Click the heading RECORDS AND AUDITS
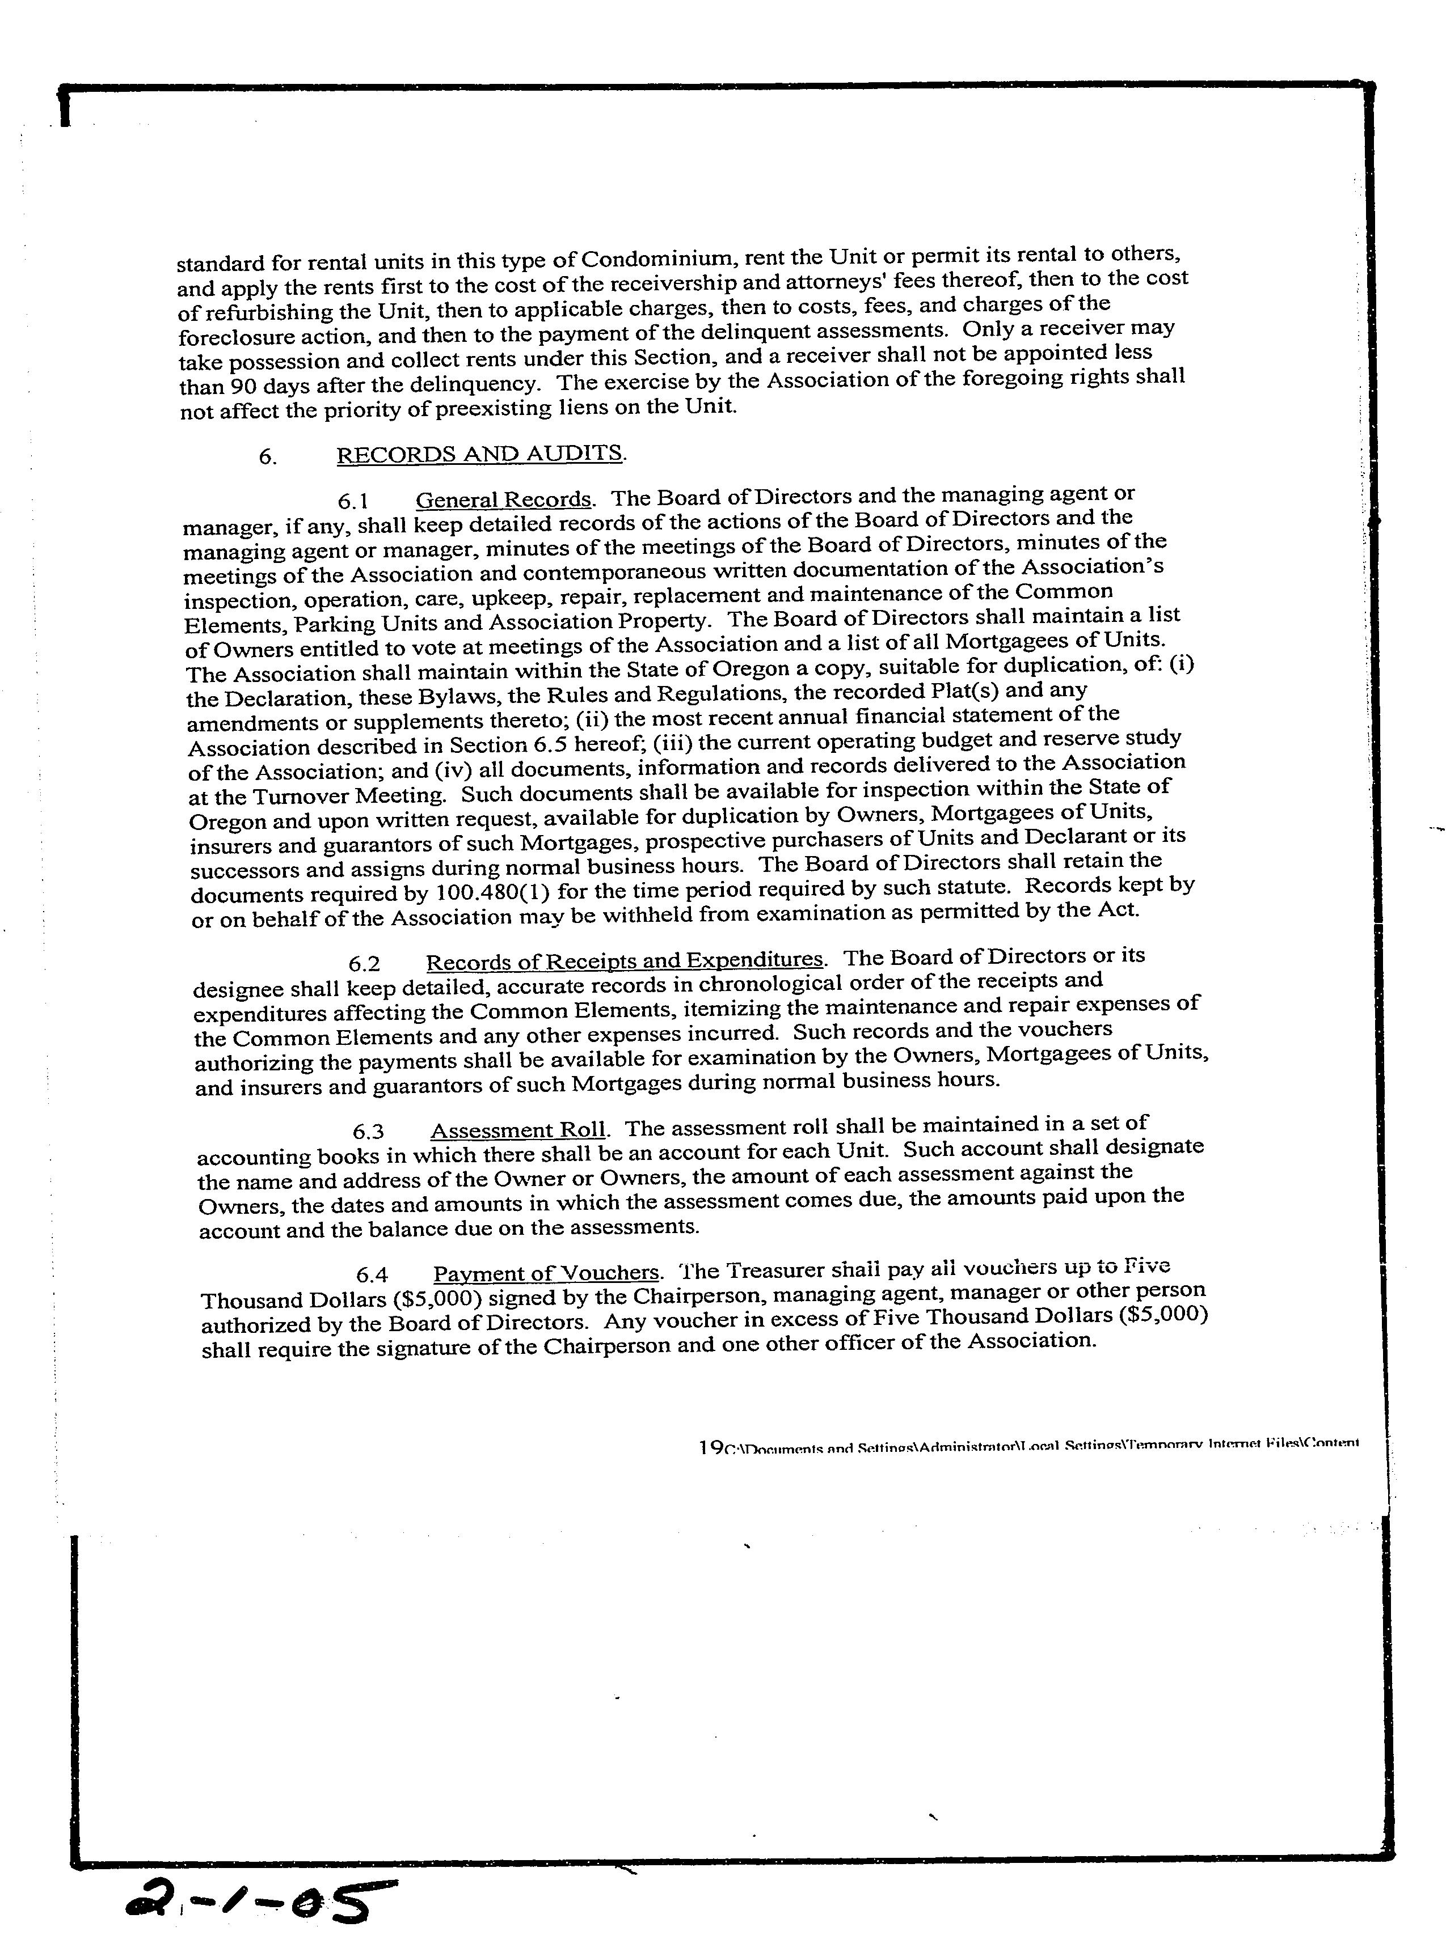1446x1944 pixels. point(480,454)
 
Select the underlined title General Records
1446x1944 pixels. point(503,499)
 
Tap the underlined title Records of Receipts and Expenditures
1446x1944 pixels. point(624,960)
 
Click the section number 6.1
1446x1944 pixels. point(353,501)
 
